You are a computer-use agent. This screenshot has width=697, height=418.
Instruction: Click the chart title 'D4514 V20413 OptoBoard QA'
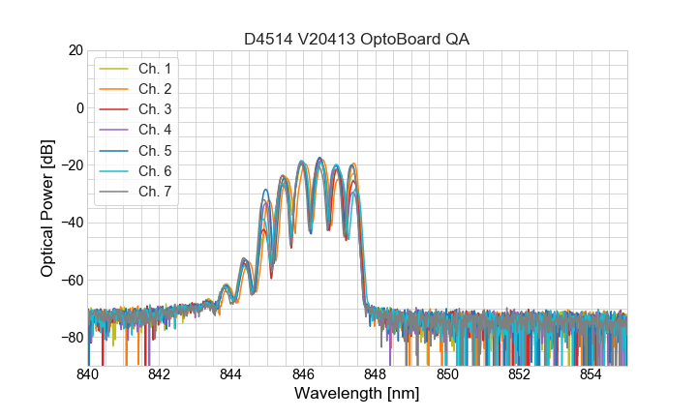pos(356,39)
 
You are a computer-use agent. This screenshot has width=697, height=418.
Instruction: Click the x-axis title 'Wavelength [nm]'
pos(356,394)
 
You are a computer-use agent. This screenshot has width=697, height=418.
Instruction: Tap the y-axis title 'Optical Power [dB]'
pos(47,207)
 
